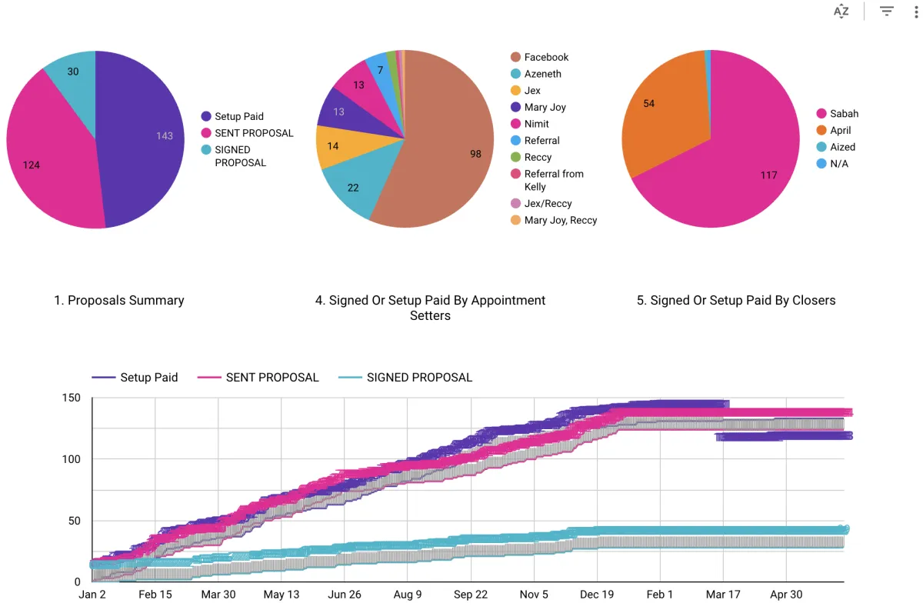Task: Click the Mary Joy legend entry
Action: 538,107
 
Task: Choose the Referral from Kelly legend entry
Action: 547,180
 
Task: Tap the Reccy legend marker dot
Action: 515,157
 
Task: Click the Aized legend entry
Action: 835,147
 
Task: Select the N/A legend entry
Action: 832,164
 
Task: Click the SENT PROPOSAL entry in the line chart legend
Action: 258,378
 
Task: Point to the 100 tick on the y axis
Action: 71,459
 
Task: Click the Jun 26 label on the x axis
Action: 345,595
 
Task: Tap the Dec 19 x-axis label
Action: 597,595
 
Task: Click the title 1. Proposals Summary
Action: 119,300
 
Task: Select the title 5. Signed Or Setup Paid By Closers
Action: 736,300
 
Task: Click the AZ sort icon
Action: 841,11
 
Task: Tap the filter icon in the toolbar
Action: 886,11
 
